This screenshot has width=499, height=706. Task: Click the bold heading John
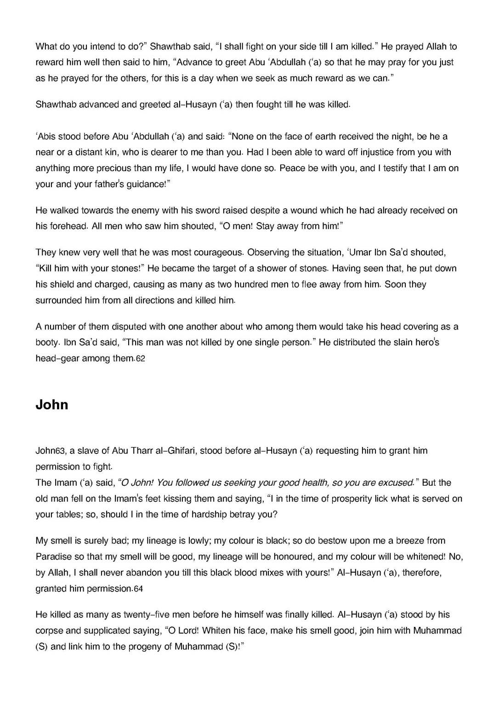(x=52, y=405)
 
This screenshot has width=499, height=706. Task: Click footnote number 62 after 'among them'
(x=140, y=359)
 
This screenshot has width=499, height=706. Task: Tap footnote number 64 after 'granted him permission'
(x=138, y=589)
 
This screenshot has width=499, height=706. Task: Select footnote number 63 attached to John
(x=60, y=451)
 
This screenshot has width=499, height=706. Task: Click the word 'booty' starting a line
(x=46, y=343)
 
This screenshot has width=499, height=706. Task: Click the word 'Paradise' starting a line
(x=54, y=557)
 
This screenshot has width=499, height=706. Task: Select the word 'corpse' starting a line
(x=49, y=631)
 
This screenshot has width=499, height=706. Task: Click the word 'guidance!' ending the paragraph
(x=148, y=184)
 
